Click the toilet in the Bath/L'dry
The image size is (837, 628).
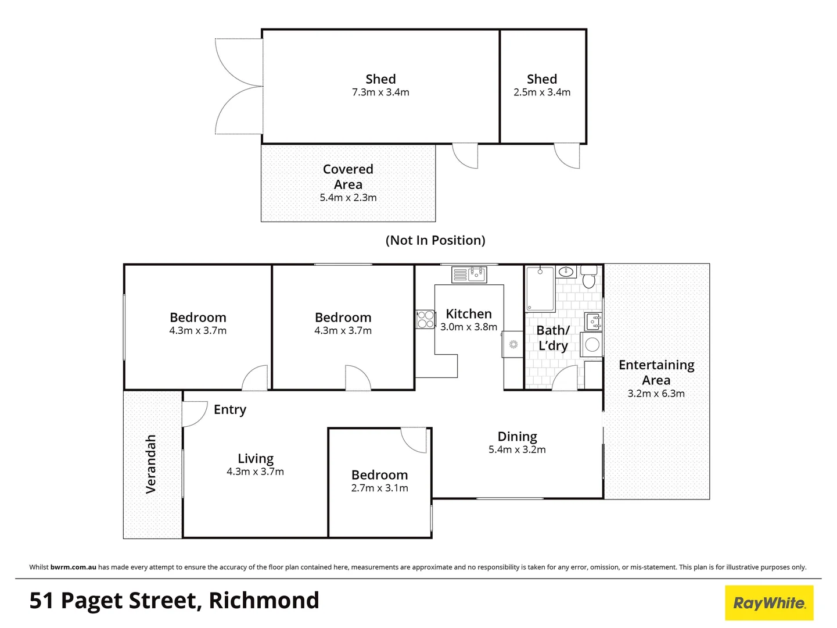click(589, 279)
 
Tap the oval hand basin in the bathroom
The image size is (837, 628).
click(566, 272)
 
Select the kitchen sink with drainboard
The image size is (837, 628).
click(469, 274)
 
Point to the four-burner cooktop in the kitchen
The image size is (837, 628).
click(425, 319)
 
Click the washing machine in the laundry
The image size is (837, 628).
click(592, 344)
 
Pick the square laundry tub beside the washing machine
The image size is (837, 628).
click(592, 321)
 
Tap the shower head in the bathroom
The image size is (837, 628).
click(540, 271)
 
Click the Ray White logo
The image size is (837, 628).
click(769, 602)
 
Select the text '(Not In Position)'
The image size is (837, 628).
click(435, 240)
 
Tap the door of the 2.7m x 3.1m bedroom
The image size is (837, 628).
click(414, 440)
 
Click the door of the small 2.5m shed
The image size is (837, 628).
click(567, 155)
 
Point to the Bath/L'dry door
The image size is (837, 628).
click(564, 378)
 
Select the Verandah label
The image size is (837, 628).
click(151, 464)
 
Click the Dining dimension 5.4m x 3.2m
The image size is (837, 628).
click(517, 449)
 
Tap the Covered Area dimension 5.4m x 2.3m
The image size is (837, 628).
click(348, 198)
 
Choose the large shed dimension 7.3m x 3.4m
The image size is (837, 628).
click(380, 92)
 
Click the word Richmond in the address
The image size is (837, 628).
click(264, 601)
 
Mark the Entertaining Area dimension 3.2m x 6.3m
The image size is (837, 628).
click(656, 394)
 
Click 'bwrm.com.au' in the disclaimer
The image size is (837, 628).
click(73, 567)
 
